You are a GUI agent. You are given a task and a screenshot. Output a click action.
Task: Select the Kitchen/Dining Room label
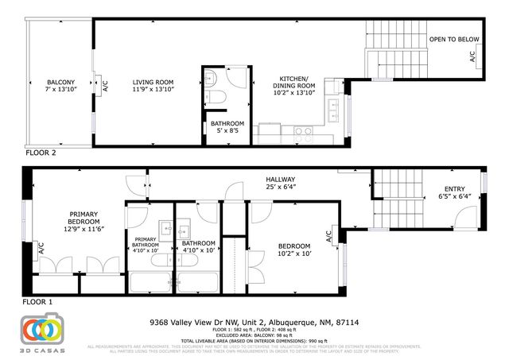(294, 89)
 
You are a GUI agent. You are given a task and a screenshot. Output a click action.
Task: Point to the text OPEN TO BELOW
(454, 39)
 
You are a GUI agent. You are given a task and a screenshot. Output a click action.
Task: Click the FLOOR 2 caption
(41, 153)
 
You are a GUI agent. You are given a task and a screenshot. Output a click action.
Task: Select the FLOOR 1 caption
(39, 303)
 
